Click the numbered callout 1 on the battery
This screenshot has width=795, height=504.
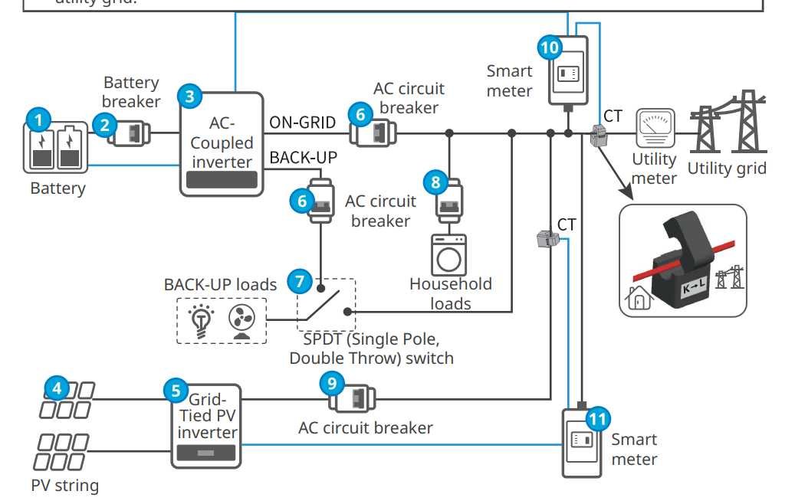(x=38, y=120)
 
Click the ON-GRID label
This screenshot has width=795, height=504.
(x=302, y=123)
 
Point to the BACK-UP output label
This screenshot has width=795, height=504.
(x=304, y=158)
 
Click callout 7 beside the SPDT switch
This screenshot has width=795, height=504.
(x=299, y=281)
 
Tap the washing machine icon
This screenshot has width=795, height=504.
(x=448, y=255)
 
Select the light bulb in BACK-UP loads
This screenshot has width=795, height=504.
(x=202, y=319)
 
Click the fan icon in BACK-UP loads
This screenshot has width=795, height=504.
(x=241, y=320)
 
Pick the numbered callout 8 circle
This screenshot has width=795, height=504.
(x=435, y=182)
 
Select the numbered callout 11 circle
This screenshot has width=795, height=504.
(x=597, y=418)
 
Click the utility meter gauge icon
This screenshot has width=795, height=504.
(x=655, y=128)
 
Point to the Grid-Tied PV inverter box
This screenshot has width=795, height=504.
(x=205, y=426)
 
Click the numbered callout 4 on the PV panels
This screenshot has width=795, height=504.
(x=56, y=388)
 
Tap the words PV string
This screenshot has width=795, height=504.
(x=64, y=485)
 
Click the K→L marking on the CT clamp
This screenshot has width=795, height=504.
(x=692, y=290)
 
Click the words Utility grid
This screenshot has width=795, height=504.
(x=726, y=168)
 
